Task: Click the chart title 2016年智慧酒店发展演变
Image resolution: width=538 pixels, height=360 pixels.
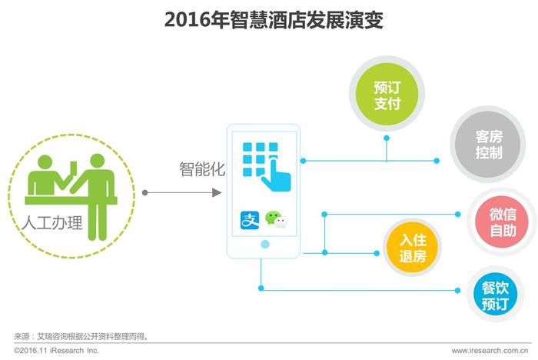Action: [274, 20]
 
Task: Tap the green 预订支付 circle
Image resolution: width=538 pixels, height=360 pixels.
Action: [387, 94]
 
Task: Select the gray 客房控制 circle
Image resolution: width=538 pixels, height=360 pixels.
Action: [488, 145]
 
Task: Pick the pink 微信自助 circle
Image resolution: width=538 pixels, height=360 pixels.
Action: [503, 222]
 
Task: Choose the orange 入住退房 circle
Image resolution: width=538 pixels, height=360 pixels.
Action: [412, 248]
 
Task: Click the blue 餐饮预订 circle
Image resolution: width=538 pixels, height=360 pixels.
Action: [495, 295]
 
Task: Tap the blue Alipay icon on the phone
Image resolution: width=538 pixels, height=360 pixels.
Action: [250, 220]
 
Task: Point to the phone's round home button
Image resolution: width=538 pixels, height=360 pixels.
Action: [265, 245]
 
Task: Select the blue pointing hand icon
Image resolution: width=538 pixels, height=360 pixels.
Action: [277, 174]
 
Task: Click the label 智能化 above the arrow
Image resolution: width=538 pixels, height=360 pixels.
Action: [201, 169]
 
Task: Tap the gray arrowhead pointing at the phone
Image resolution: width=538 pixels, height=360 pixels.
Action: [217, 193]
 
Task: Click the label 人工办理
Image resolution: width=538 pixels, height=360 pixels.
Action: [52, 223]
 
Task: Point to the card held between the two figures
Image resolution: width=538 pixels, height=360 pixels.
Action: [74, 168]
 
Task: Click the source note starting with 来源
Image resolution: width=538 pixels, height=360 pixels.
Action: [81, 336]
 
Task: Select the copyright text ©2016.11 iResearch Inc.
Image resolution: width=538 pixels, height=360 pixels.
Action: [56, 351]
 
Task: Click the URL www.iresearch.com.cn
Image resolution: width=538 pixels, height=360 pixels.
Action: [490, 351]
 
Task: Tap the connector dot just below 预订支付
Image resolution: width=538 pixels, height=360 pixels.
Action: [387, 138]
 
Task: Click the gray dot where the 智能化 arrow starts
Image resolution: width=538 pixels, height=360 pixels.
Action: [145, 193]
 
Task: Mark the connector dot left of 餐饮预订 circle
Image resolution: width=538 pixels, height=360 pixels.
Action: [457, 290]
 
